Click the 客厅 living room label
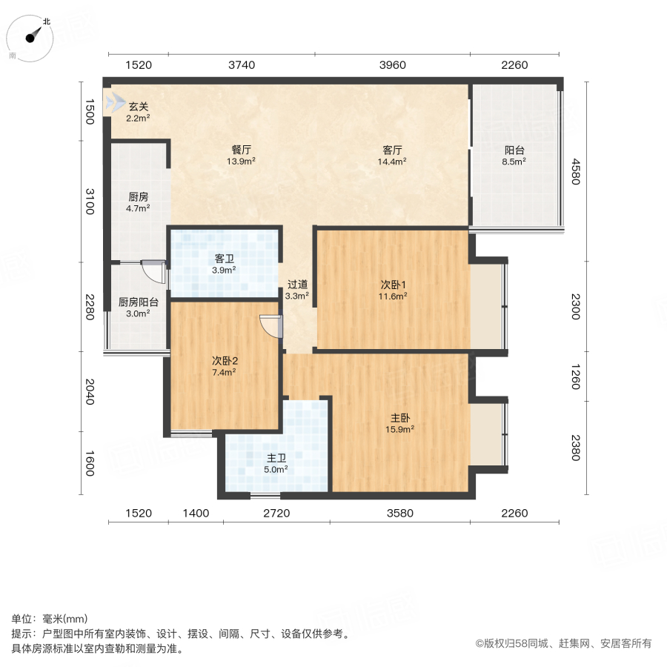[x=393, y=148]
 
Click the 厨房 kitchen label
[x=139, y=196]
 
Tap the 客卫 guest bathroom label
[x=225, y=259]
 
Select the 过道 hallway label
[x=297, y=284]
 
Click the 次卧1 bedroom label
[x=393, y=284]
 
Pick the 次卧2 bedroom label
[x=225, y=360]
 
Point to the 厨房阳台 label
[x=139, y=302]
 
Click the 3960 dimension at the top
[x=393, y=65]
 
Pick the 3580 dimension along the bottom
[x=400, y=513]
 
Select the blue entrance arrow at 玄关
[x=115, y=103]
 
